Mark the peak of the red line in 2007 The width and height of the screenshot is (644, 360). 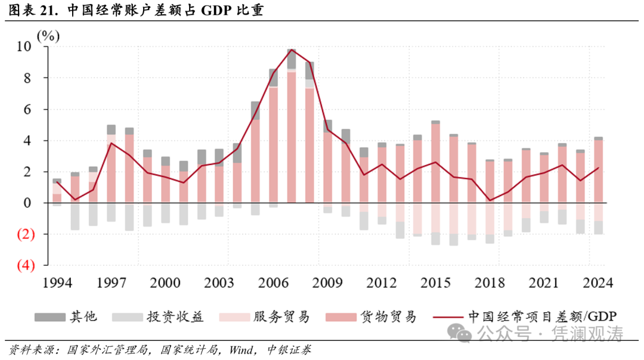[x=292, y=49]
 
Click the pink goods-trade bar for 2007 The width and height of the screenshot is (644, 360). [x=292, y=137]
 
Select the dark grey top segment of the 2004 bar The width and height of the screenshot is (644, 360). [x=237, y=153]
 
